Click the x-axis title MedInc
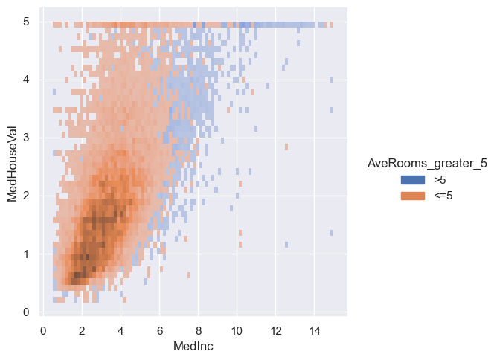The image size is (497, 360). [x=194, y=347]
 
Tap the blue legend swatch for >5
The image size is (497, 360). [x=413, y=181]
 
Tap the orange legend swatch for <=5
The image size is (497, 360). [x=413, y=195]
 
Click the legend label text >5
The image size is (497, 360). [x=440, y=181]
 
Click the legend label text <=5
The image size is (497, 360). [x=443, y=195]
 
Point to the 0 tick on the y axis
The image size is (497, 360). [x=25, y=312]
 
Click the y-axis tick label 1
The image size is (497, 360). [x=25, y=254]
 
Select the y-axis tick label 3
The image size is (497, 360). [x=25, y=138]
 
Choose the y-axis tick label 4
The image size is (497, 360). [x=25, y=80]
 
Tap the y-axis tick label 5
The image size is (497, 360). [x=25, y=22]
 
